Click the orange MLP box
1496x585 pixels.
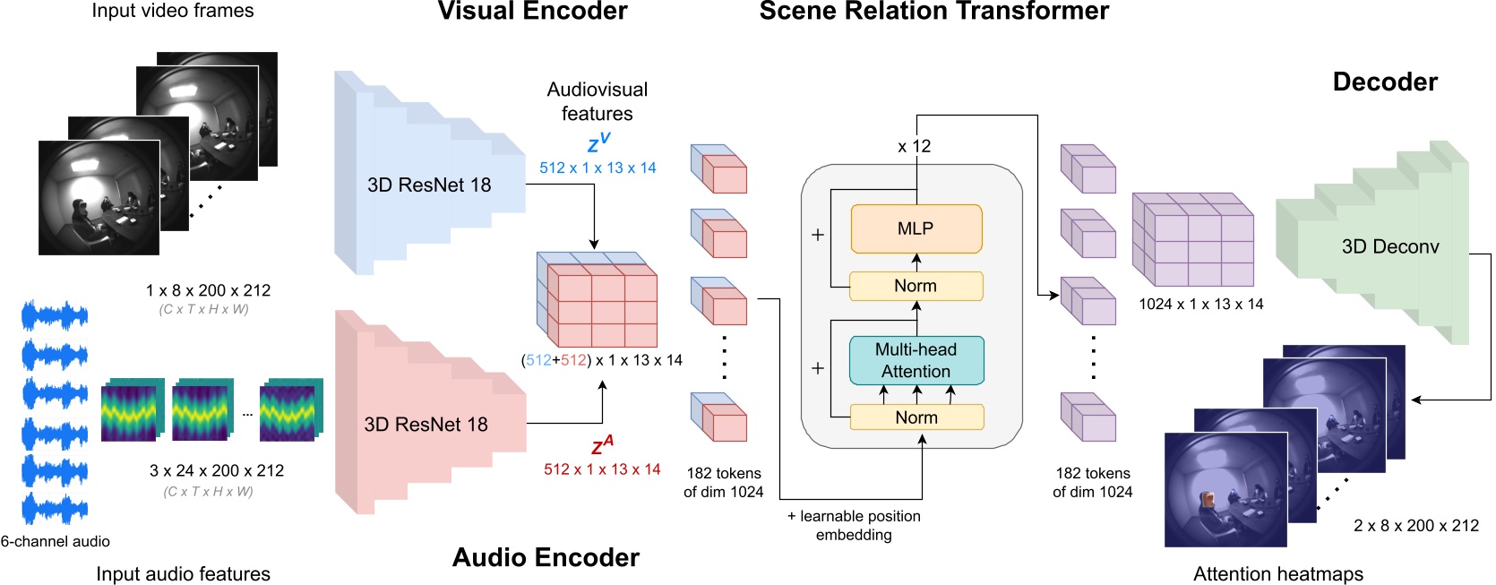click(x=916, y=228)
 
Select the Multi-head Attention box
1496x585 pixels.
click(x=916, y=360)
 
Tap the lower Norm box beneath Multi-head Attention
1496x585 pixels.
click(x=916, y=417)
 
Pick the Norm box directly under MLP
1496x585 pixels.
click(x=916, y=286)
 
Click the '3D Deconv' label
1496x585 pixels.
click(x=1389, y=247)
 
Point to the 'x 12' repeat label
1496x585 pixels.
click(x=914, y=146)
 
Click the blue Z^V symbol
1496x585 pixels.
click(x=598, y=143)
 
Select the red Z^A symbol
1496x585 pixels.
click(x=602, y=445)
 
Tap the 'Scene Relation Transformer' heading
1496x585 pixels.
click(x=933, y=12)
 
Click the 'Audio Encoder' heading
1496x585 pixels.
click(x=546, y=557)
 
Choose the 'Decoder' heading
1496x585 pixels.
click(x=1384, y=82)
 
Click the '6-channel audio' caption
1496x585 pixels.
click(x=56, y=541)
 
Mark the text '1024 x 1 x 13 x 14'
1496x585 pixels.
click(x=1200, y=305)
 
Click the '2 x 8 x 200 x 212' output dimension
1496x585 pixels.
click(x=1415, y=526)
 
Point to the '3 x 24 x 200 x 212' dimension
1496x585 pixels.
click(x=216, y=470)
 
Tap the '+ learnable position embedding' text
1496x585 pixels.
click(x=854, y=525)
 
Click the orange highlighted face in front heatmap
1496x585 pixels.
click(x=1208, y=499)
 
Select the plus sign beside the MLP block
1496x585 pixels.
click(x=817, y=235)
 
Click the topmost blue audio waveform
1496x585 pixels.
click(x=55, y=315)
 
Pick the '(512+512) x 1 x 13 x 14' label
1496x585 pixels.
click(x=602, y=360)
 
